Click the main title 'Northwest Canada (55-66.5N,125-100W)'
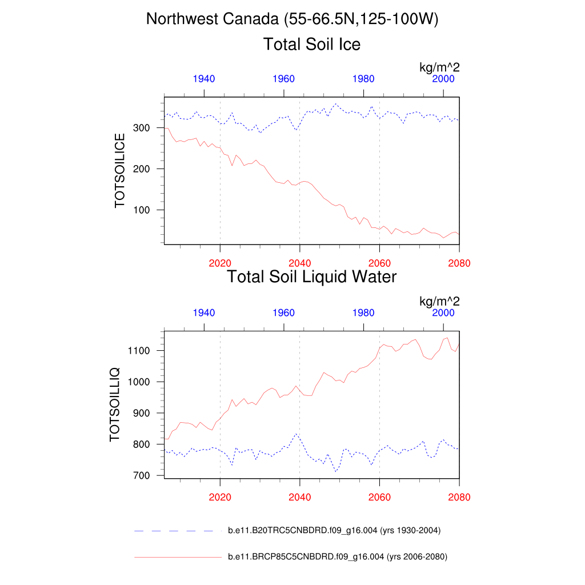coord(292,19)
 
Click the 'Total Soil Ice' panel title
coord(311,44)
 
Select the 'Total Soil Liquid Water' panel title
coord(311,277)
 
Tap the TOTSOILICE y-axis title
coord(120,170)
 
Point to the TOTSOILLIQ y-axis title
coord(115,404)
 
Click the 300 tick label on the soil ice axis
coord(141,128)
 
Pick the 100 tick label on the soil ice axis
coord(141,210)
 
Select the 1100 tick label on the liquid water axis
coord(138,350)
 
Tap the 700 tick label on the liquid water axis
coord(141,475)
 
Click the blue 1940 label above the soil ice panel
coord(204,79)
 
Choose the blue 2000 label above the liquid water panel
coord(443,312)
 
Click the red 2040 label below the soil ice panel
coord(299,263)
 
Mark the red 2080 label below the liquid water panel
coord(459,497)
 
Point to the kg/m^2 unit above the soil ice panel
coord(439,68)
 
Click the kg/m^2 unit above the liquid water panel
coord(439,301)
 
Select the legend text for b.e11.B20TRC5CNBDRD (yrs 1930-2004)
coord(334,531)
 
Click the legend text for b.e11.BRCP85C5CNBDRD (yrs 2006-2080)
coord(337,556)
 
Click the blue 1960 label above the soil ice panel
coord(284,79)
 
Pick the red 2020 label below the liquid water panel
coord(220,497)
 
